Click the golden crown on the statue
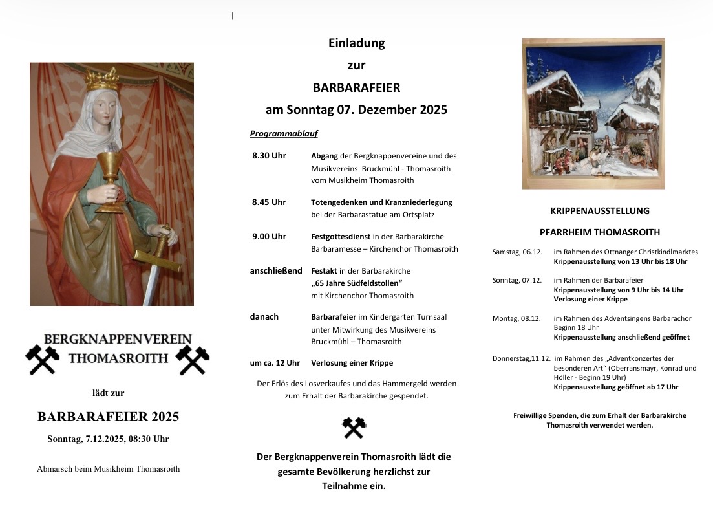pyautogui.click(x=102, y=80)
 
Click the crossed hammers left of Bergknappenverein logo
pyautogui.click(x=42, y=360)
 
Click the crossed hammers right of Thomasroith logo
pyautogui.click(x=193, y=360)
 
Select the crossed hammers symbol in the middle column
pyautogui.click(x=354, y=428)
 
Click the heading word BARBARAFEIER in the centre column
pyautogui.click(x=356, y=87)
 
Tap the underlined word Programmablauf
pyautogui.click(x=284, y=134)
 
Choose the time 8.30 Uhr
pyautogui.click(x=269, y=156)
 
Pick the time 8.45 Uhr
pyautogui.click(x=269, y=202)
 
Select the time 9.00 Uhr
pyautogui.click(x=269, y=236)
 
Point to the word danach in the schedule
pyautogui.click(x=264, y=316)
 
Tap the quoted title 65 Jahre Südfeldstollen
pyautogui.click(x=357, y=283)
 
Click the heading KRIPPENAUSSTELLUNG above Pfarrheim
pyautogui.click(x=599, y=211)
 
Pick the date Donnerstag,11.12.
pyautogui.click(x=521, y=358)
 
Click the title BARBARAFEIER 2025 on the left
pyautogui.click(x=108, y=417)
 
